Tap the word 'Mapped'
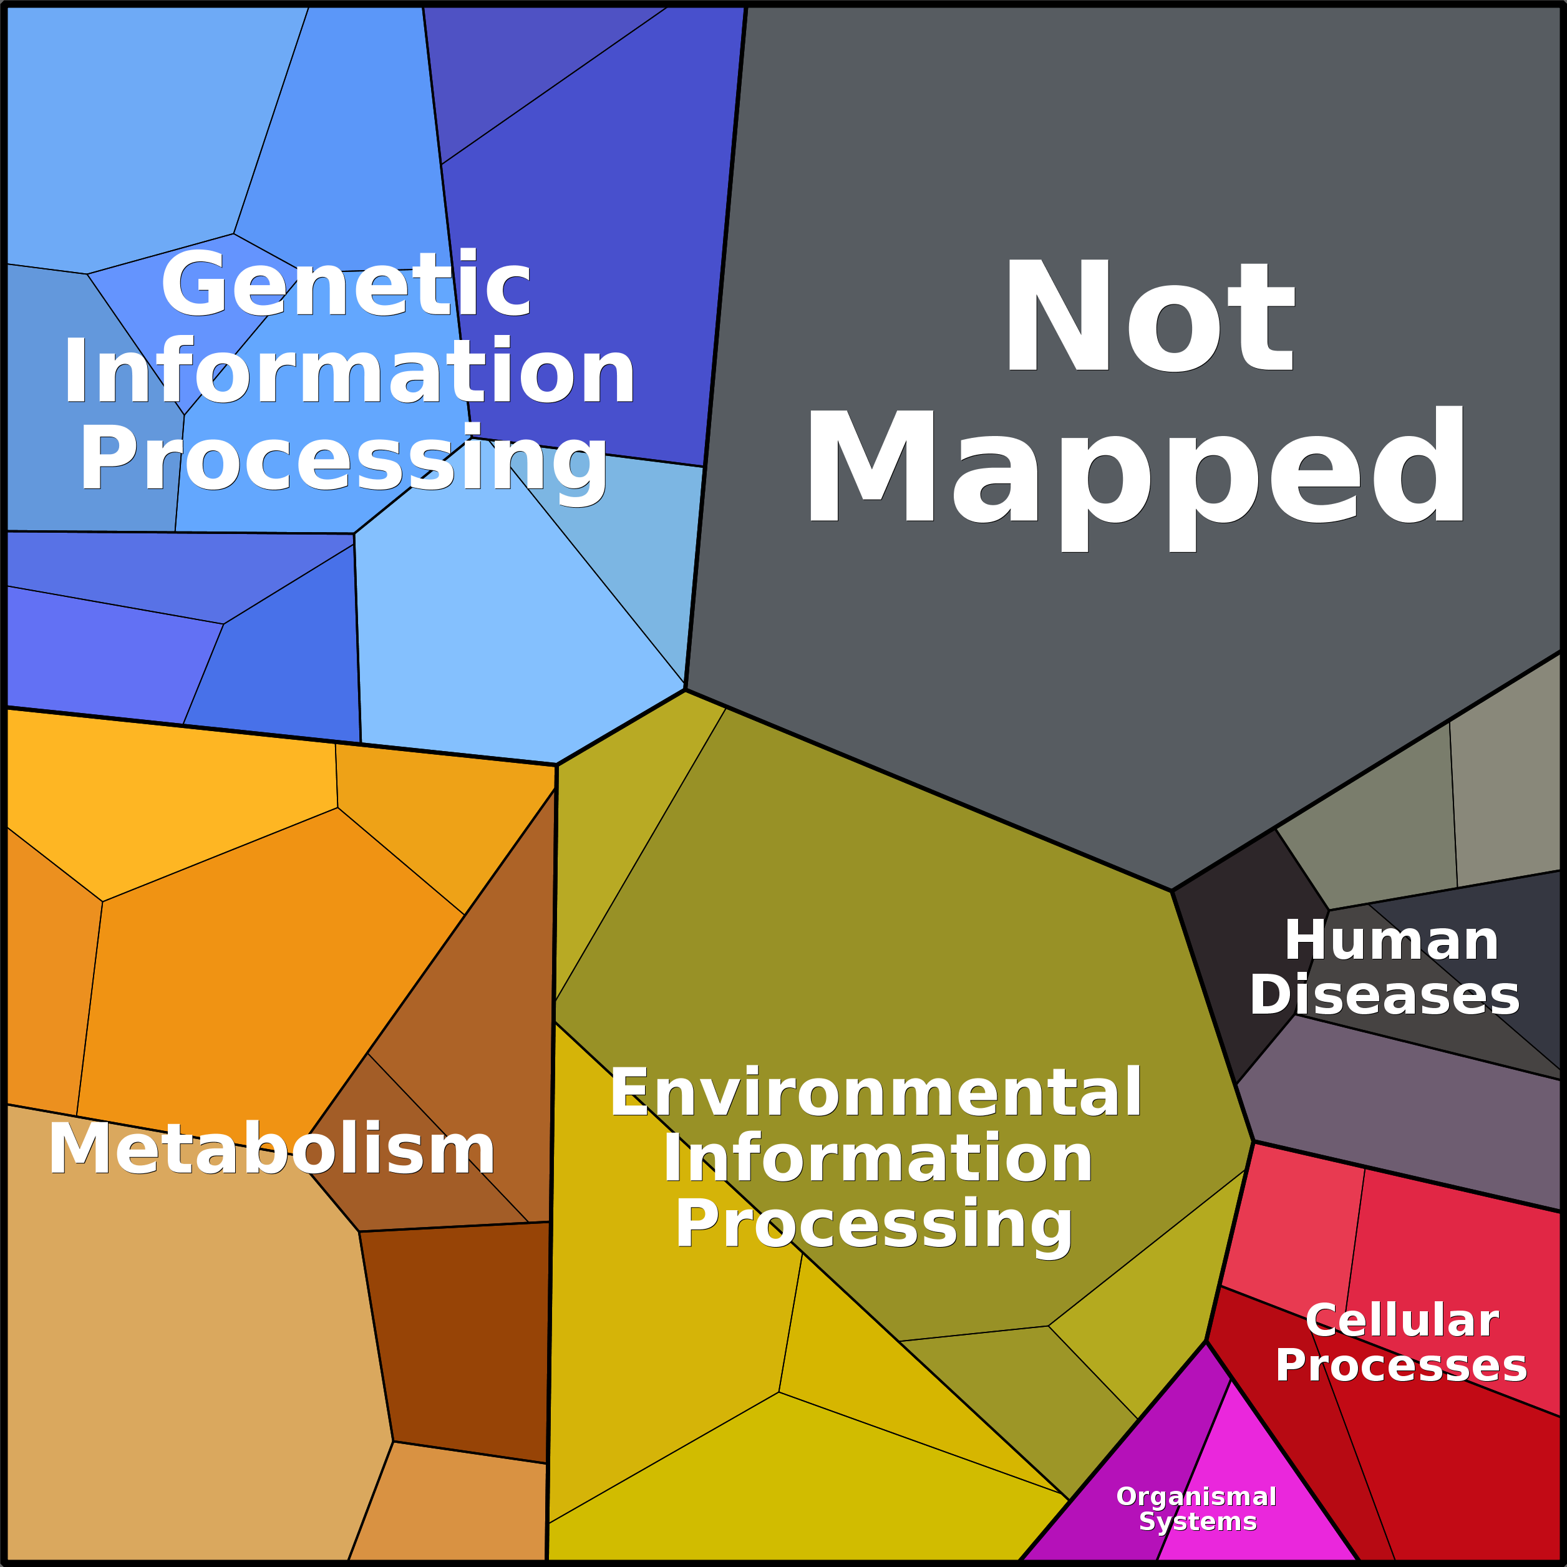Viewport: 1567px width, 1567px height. click(x=1135, y=470)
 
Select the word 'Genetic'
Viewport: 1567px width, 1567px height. click(x=346, y=286)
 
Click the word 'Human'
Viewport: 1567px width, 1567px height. click(x=1392, y=941)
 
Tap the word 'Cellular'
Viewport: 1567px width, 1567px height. click(x=1402, y=1253)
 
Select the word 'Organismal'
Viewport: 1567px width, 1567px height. click(x=1196, y=1497)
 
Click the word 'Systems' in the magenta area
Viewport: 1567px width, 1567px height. click(x=1198, y=1521)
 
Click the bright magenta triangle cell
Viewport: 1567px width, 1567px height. click(x=1249, y=1460)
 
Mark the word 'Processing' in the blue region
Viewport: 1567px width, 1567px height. click(x=343, y=461)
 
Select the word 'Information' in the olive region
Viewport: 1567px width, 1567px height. click(x=878, y=1159)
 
